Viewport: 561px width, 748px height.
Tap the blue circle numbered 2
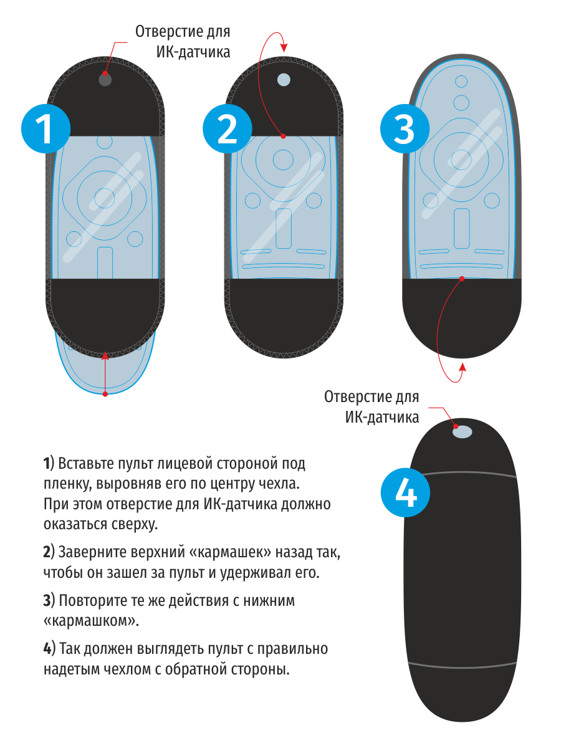[227, 128]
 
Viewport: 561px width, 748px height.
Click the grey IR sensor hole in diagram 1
[105, 80]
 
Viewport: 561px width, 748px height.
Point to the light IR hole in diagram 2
[284, 80]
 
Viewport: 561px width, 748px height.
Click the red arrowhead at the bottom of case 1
[105, 355]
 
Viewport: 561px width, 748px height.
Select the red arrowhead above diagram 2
[284, 47]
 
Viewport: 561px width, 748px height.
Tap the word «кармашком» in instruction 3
[91, 621]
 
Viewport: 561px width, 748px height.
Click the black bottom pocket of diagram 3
[462, 318]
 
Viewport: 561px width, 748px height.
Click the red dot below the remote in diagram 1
[105, 393]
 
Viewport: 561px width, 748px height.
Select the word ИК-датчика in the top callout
[193, 52]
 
